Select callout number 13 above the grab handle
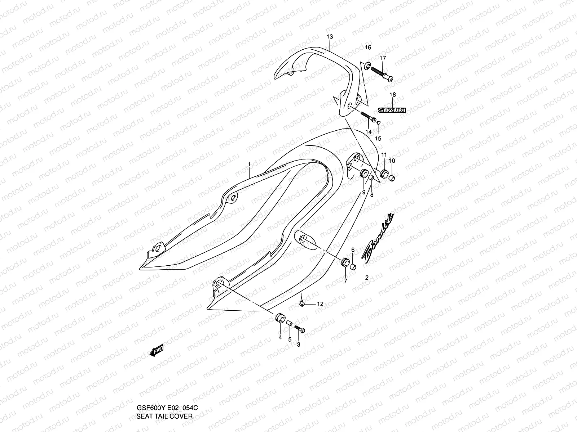[330, 37]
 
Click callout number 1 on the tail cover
[249, 164]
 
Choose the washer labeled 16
[367, 66]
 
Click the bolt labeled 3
[299, 329]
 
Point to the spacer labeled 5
[289, 324]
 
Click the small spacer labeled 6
[353, 267]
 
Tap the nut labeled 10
[392, 177]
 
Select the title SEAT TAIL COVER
[164, 417]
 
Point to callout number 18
[393, 95]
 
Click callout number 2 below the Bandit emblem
[367, 278]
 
